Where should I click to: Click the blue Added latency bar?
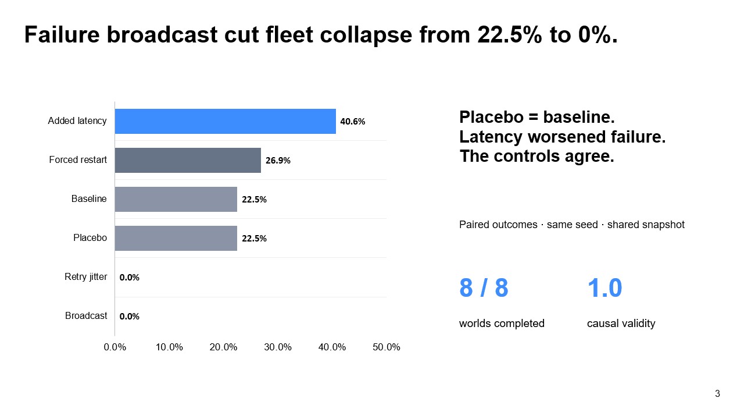tap(225, 122)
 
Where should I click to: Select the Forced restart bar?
tap(188, 160)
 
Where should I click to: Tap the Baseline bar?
tap(176, 199)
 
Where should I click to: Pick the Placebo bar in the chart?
tap(176, 238)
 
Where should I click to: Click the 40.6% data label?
tap(352, 122)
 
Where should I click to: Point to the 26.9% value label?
tap(278, 161)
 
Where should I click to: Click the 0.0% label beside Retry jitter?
tap(129, 278)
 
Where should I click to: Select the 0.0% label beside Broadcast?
tap(129, 316)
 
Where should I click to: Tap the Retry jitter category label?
tap(85, 276)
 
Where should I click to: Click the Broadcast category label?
tap(86, 315)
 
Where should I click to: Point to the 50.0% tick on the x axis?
tap(387, 347)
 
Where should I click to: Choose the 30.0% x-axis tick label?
tap(278, 347)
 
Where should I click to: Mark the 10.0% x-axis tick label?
tap(169, 347)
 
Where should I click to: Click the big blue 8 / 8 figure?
tap(484, 287)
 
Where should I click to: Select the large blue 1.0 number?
tap(604, 287)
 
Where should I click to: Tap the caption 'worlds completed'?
tap(502, 323)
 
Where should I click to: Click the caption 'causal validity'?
tap(621, 323)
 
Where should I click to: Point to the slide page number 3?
tap(717, 394)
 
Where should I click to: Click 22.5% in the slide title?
tap(510, 34)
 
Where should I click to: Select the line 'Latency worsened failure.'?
tap(563, 137)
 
